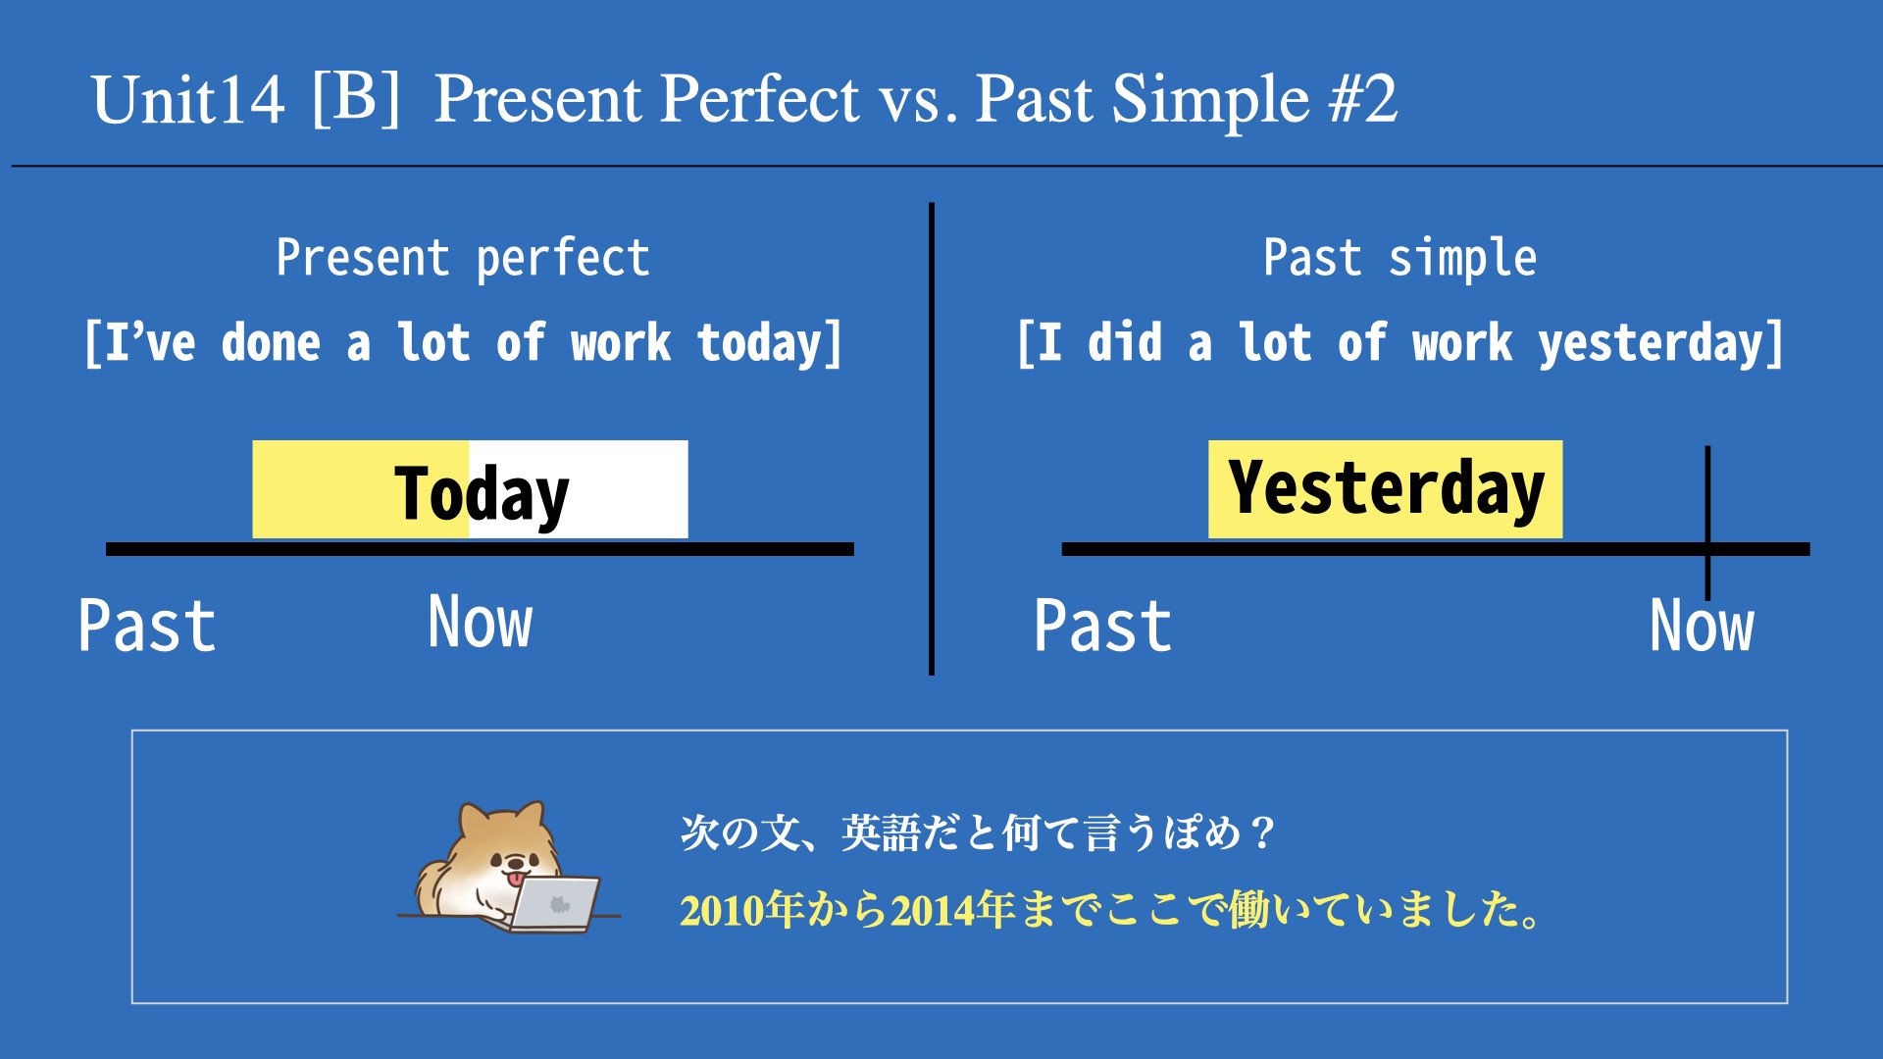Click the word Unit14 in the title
pos(188,100)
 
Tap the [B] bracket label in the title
pos(356,97)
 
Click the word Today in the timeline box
pos(482,493)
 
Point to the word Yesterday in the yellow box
pos(1386,488)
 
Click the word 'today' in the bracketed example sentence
pos(759,343)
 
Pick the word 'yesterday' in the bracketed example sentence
pos(1651,343)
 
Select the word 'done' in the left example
pos(271,342)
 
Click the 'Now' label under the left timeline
pos(481,622)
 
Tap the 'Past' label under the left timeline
pos(147,626)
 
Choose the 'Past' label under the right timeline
pos(1102,626)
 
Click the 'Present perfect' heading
pos(463,259)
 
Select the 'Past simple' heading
pos(1400,259)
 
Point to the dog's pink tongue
pos(514,880)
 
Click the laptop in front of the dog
pos(554,903)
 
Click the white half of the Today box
pos(579,489)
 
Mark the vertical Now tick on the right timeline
pos(1707,523)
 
